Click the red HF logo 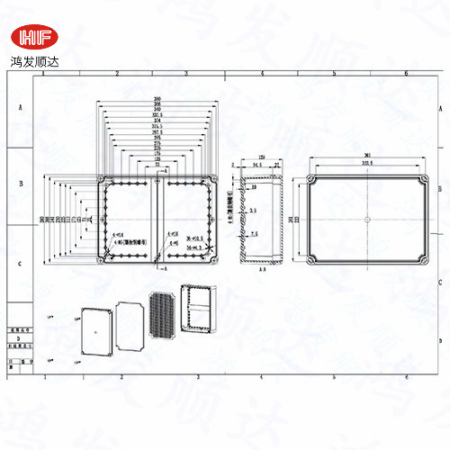point(33,37)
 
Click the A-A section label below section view point(261,268)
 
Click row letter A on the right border point(438,104)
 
